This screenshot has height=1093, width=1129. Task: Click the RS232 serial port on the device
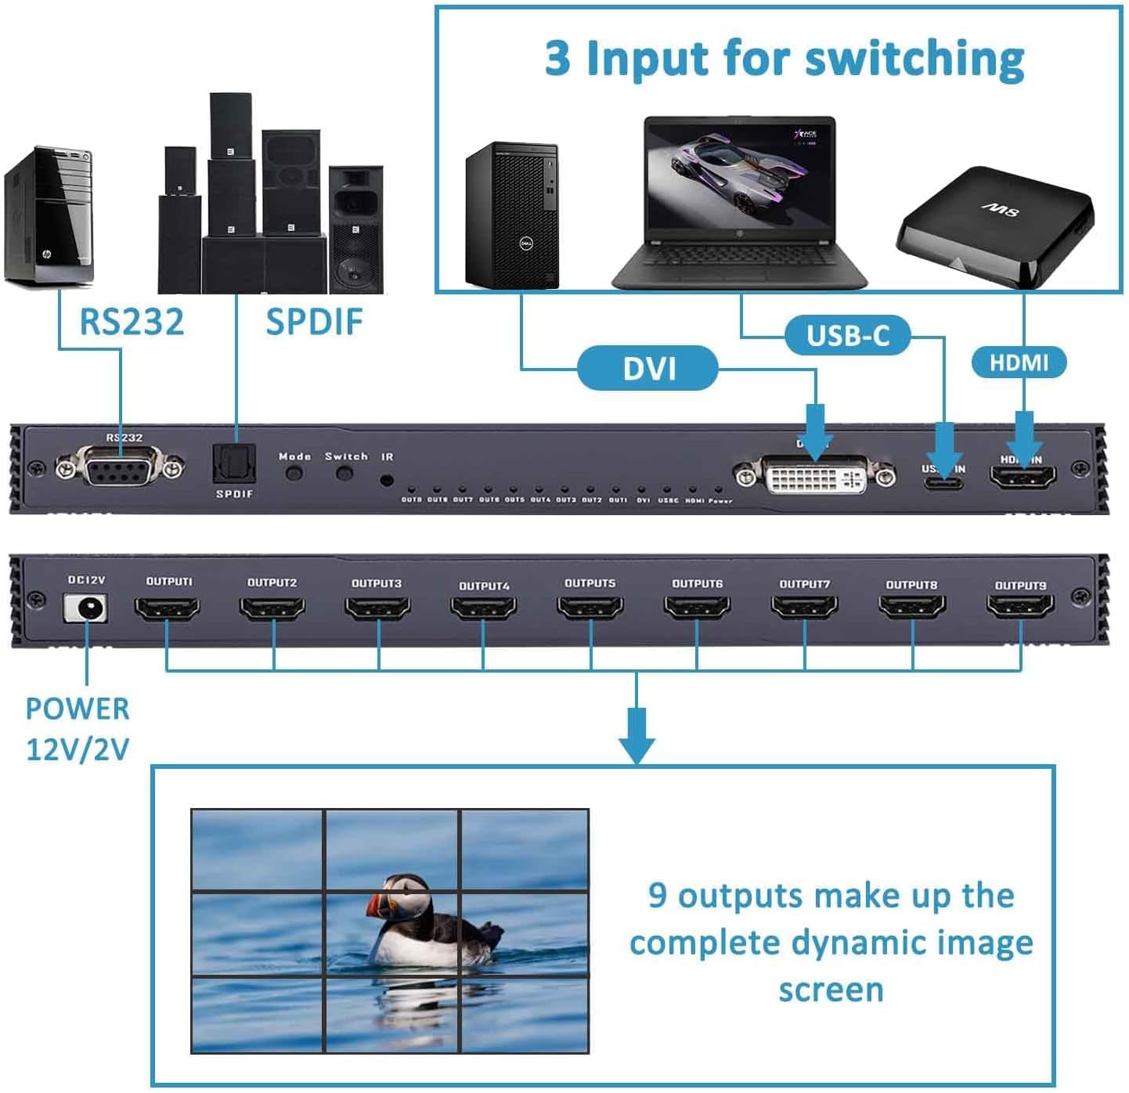pos(120,468)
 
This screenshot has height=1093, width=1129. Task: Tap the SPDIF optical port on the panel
pos(234,465)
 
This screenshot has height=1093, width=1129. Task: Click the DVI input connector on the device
pos(815,475)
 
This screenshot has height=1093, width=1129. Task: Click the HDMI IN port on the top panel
pos(1023,476)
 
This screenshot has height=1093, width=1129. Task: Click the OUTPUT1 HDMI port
pos(167,608)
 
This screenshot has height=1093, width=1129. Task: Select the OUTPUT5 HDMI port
pos(590,608)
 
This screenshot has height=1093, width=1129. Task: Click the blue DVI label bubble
pos(647,368)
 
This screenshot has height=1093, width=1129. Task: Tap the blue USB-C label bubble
pos(848,336)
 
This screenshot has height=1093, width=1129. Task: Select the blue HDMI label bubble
pos(1019,363)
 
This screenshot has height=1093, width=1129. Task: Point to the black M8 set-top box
pos(994,227)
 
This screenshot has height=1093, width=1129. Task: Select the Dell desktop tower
pos(513,215)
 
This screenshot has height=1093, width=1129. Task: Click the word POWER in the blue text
pos(78,709)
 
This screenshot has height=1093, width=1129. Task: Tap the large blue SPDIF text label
pos(314,322)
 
